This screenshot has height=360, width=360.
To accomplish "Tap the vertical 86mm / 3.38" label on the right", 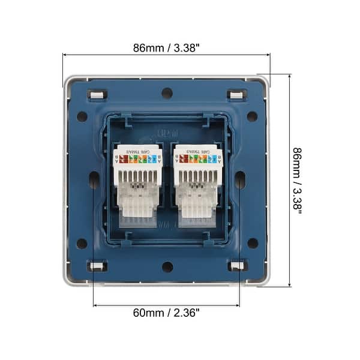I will pos(298,181).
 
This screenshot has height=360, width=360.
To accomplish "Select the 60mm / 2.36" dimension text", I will pos(166,312).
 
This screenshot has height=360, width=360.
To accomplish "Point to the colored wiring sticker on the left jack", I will pos(138,159).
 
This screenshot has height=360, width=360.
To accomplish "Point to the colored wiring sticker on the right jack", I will pos(197,159).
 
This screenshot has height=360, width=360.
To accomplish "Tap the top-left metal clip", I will pos(96,94).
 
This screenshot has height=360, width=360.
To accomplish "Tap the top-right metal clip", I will pos(236,94).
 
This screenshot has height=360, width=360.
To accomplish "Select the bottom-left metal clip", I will pos(96,266).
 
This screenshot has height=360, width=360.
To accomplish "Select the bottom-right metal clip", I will pos(236,266).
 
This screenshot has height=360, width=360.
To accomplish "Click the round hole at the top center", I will pos(167,93).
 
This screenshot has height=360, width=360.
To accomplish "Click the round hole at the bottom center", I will pos(167,266).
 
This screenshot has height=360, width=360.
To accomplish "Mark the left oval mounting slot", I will pos(94,180).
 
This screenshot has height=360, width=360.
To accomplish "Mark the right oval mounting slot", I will pos(239,180).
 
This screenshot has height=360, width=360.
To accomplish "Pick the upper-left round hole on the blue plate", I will pos(82,116).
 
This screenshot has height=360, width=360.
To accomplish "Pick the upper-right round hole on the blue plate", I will pos(252,116).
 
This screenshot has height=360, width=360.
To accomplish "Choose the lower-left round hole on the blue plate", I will pos(82,243).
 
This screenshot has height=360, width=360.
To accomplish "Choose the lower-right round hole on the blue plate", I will pos(252,243).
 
